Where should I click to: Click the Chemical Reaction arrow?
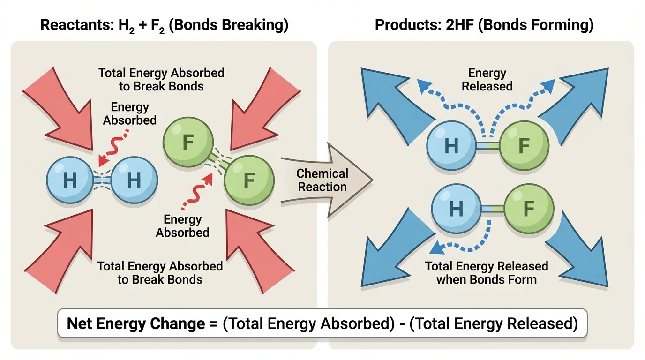(x=323, y=180)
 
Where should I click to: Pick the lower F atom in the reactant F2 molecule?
(x=249, y=180)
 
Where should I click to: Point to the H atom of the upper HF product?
(x=451, y=146)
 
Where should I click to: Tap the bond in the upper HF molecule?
(x=487, y=146)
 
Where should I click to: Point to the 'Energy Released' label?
(x=487, y=80)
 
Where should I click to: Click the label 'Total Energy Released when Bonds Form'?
(x=487, y=273)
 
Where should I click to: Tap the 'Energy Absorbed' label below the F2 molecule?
(x=182, y=226)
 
